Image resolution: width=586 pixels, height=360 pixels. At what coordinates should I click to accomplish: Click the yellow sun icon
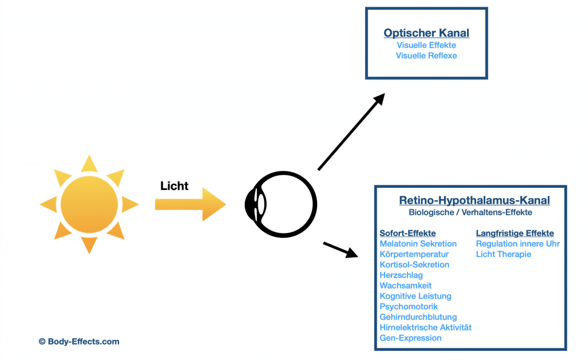pyautogui.click(x=89, y=204)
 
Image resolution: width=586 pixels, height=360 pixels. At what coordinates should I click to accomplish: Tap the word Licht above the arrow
pyautogui.click(x=175, y=186)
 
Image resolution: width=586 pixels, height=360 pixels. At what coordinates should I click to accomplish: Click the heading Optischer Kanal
pyautogui.click(x=426, y=33)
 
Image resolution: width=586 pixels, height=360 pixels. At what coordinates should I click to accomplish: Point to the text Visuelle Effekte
pyautogui.click(x=426, y=45)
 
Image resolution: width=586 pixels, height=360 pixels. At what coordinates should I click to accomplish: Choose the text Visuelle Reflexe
pyautogui.click(x=426, y=56)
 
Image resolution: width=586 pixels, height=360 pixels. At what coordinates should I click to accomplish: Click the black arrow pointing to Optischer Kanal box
pyautogui.click(x=350, y=132)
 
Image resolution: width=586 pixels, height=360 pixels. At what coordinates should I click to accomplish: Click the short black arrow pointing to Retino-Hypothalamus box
pyautogui.click(x=340, y=250)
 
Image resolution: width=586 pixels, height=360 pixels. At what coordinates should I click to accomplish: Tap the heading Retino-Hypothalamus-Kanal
pyautogui.click(x=474, y=200)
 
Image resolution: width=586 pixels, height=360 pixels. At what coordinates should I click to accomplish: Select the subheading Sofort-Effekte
pyautogui.click(x=407, y=234)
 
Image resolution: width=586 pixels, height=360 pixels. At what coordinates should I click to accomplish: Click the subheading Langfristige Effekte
pyautogui.click(x=514, y=234)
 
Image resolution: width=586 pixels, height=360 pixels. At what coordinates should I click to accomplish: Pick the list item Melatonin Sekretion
pyautogui.click(x=418, y=244)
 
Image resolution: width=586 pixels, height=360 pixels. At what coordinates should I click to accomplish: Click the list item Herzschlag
pyautogui.click(x=401, y=275)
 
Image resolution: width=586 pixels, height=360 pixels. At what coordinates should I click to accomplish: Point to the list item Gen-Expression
pyautogui.click(x=410, y=338)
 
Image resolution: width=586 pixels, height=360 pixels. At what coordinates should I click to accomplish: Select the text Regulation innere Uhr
pyautogui.click(x=517, y=244)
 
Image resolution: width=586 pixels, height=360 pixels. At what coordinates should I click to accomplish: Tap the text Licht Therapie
pyautogui.click(x=503, y=254)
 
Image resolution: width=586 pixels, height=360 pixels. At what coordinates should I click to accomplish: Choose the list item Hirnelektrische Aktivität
pyautogui.click(x=425, y=327)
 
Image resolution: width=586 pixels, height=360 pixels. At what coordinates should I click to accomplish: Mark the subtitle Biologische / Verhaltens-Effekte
pyautogui.click(x=470, y=212)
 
